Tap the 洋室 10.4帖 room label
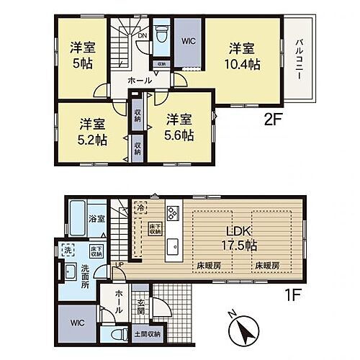(x=241, y=56)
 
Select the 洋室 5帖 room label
(x=81, y=55)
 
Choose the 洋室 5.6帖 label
(x=179, y=127)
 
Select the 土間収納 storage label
(x=148, y=334)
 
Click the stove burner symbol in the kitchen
(x=174, y=213)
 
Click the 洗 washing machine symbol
(x=67, y=250)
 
